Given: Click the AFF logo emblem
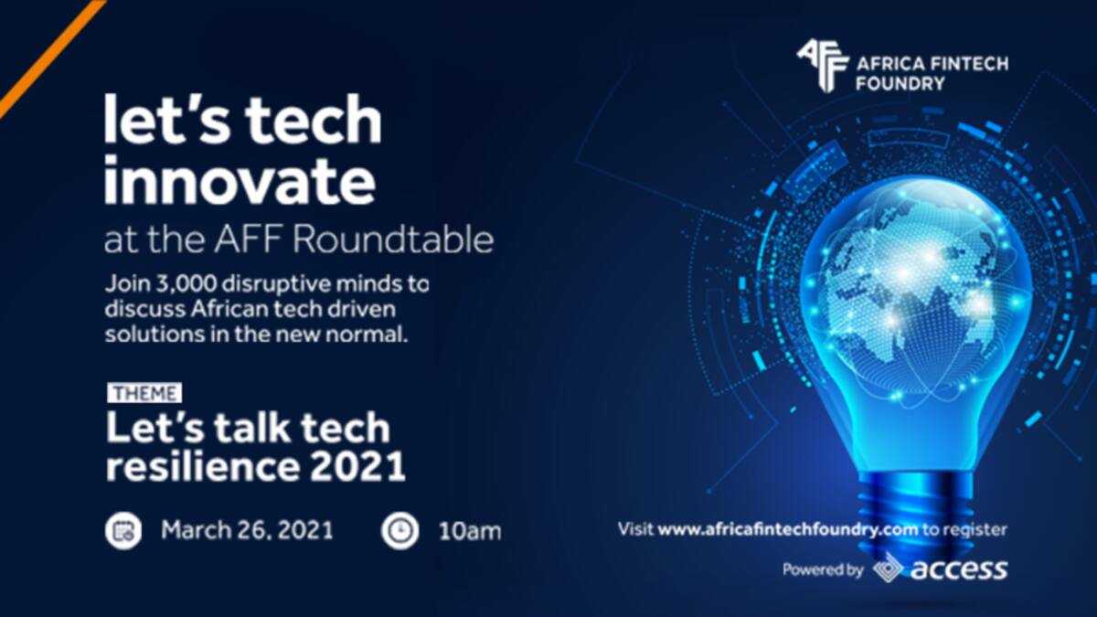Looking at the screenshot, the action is (822, 66).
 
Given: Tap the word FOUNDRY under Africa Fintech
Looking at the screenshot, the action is (900, 83).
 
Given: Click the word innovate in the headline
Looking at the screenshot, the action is (240, 181).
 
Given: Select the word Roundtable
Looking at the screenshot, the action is (393, 239).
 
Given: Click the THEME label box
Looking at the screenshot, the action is (144, 393).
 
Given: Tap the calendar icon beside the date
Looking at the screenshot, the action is (123, 531).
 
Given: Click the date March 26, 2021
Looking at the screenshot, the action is (248, 530).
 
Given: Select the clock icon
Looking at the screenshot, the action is (400, 531).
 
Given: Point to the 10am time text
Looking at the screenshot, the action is (470, 532).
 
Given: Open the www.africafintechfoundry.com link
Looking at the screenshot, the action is (787, 530).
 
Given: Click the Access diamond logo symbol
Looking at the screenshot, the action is (889, 569).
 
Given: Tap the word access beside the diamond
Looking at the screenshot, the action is (959, 569).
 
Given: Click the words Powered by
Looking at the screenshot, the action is (823, 570).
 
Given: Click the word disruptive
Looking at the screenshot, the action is (269, 284).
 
